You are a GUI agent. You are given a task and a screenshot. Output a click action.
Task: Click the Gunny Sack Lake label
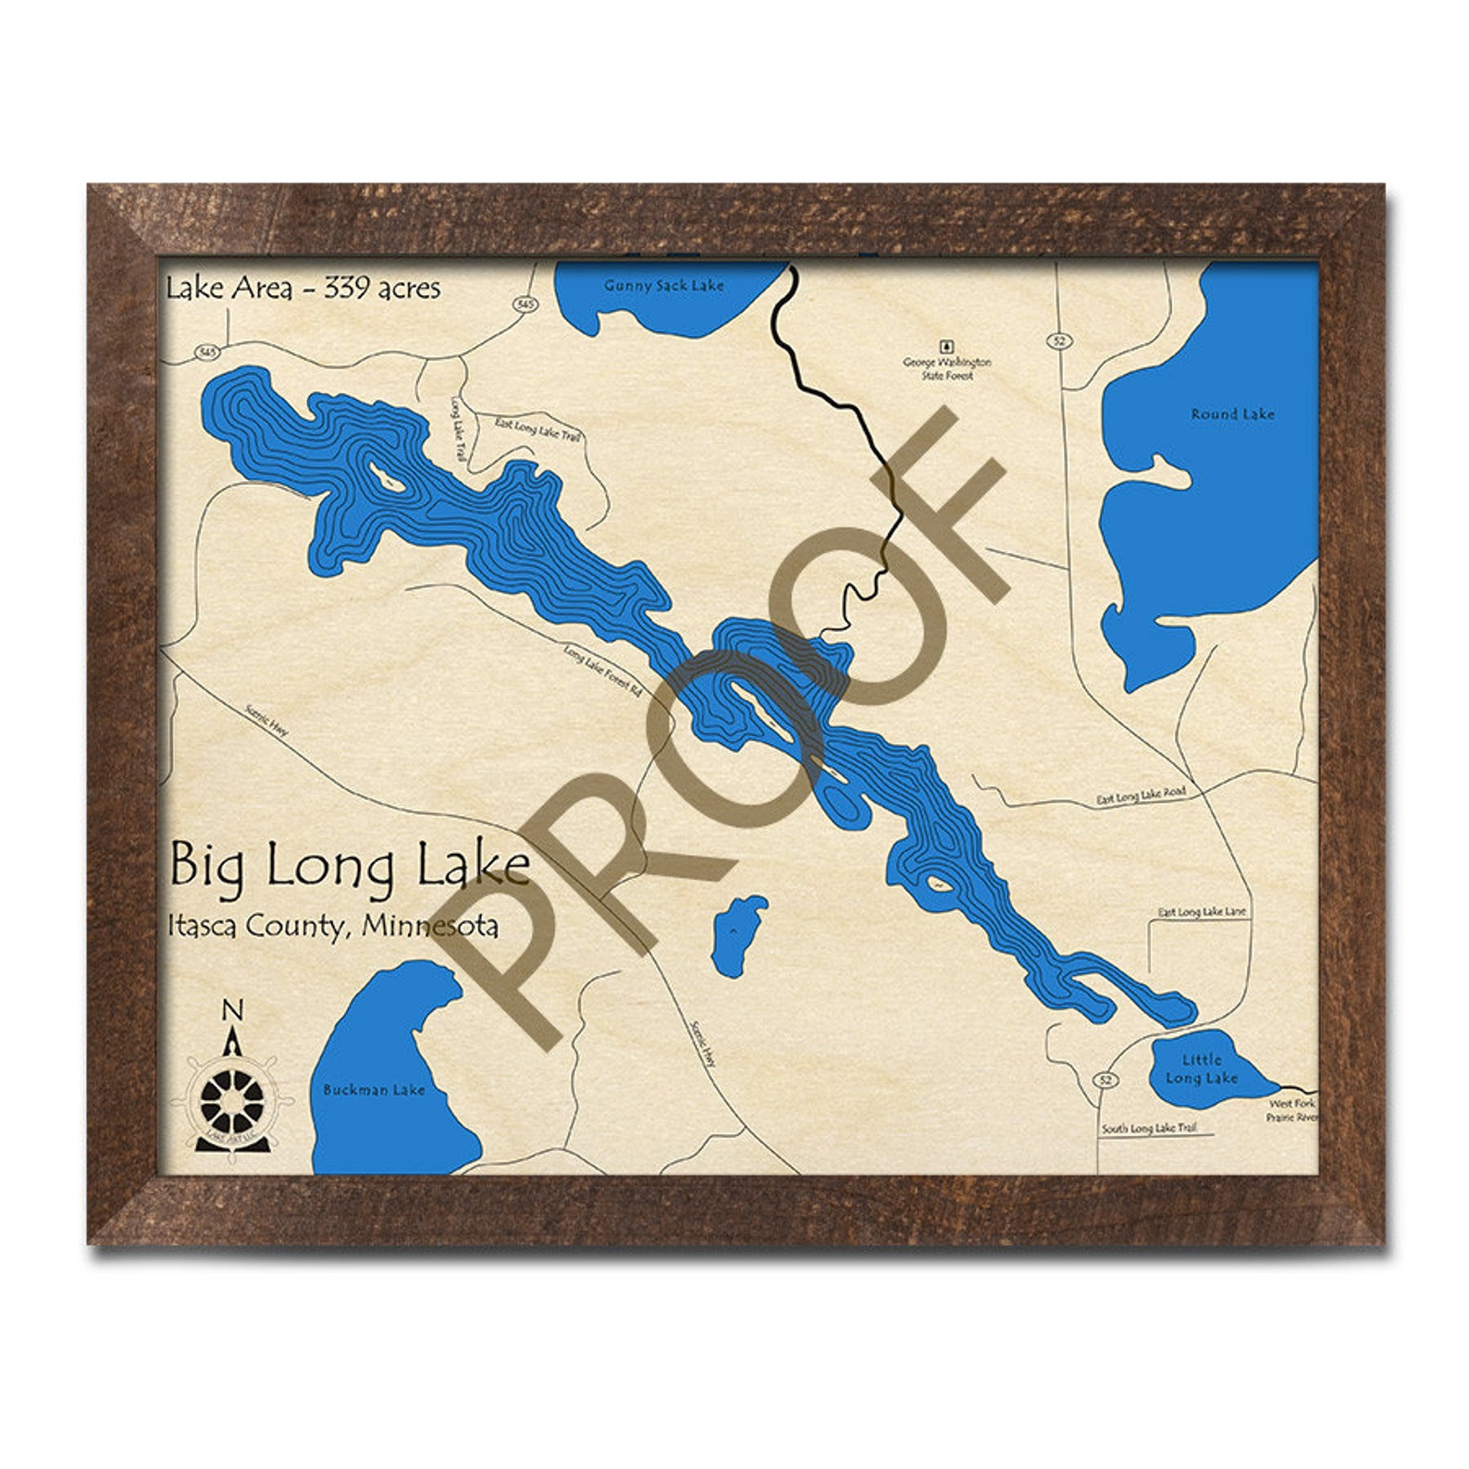[663, 286]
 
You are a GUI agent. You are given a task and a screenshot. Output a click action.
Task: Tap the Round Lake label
[1232, 414]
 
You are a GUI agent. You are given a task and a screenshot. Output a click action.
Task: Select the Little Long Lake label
[1201, 1068]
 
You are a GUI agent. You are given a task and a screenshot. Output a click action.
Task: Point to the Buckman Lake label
[374, 1090]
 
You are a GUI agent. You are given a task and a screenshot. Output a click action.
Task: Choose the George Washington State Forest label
[946, 368]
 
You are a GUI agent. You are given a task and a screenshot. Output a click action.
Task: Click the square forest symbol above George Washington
[945, 346]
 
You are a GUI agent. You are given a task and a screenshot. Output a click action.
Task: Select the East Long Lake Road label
[1140, 796]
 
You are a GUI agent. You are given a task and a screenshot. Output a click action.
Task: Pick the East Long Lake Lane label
[1202, 912]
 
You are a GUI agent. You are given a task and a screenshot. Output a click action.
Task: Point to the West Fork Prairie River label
[1291, 1110]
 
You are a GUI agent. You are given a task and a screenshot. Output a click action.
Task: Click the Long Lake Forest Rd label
[602, 671]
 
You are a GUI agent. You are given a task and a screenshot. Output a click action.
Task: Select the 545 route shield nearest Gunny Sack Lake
[525, 303]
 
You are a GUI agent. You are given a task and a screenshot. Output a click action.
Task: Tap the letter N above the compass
[234, 1008]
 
